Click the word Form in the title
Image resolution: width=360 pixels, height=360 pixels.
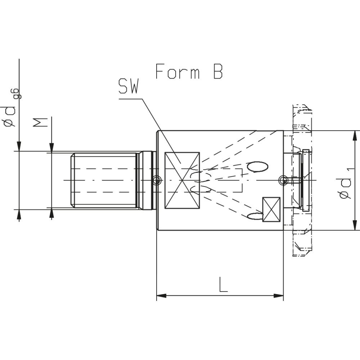point(177,72)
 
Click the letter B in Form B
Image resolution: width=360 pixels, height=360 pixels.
point(217,72)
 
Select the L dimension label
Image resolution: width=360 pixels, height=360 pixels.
point(223,284)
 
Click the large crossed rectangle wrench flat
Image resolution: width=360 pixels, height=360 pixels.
point(182,180)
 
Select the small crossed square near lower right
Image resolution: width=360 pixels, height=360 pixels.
point(271,210)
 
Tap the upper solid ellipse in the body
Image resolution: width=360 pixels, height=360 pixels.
point(257,166)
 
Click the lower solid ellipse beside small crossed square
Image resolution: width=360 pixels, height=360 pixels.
point(255,216)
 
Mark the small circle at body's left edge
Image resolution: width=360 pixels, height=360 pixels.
point(156,180)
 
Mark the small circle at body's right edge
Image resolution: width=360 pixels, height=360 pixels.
point(283,180)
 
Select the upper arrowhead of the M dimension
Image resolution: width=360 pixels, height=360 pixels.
point(51,147)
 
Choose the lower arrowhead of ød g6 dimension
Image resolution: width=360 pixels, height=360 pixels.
point(19,214)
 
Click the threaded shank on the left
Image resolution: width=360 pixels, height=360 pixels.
point(104,180)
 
